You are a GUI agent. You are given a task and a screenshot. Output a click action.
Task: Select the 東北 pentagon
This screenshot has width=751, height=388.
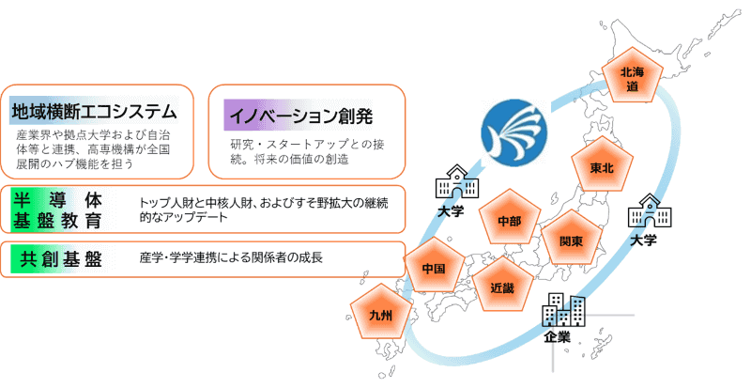602,167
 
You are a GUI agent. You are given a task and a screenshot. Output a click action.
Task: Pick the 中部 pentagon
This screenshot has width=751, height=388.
510,222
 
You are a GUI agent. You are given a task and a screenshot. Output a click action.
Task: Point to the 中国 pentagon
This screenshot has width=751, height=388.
433,268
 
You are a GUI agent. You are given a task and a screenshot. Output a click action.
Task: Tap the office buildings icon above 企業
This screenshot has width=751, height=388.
564,309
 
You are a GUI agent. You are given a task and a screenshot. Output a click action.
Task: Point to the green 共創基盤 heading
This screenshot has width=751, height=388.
56,258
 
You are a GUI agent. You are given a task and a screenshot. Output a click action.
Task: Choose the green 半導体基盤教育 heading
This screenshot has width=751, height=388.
56,211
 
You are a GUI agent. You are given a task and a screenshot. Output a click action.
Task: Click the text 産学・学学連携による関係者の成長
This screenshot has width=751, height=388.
231,258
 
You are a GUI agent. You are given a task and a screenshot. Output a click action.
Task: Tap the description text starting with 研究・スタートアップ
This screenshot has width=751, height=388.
309,151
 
